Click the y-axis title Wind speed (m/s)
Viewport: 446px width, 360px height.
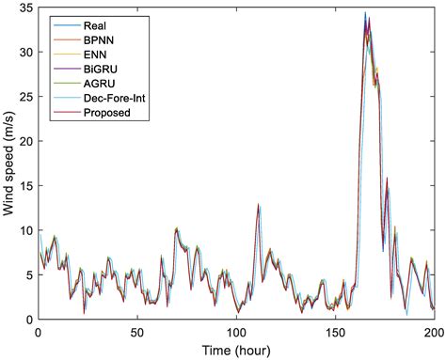[9, 163]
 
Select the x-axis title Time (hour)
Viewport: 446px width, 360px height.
[235, 350]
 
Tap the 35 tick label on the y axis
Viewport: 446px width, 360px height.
[24, 8]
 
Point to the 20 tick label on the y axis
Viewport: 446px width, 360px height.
[24, 141]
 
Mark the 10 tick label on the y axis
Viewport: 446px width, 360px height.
[24, 230]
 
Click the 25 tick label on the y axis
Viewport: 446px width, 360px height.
[24, 96]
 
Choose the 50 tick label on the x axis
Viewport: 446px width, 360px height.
[136, 332]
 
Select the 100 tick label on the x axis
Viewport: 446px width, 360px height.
[235, 332]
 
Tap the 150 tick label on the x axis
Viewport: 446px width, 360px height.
[334, 332]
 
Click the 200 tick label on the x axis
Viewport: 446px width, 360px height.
[431, 332]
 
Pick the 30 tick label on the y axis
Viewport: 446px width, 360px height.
[24, 52]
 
